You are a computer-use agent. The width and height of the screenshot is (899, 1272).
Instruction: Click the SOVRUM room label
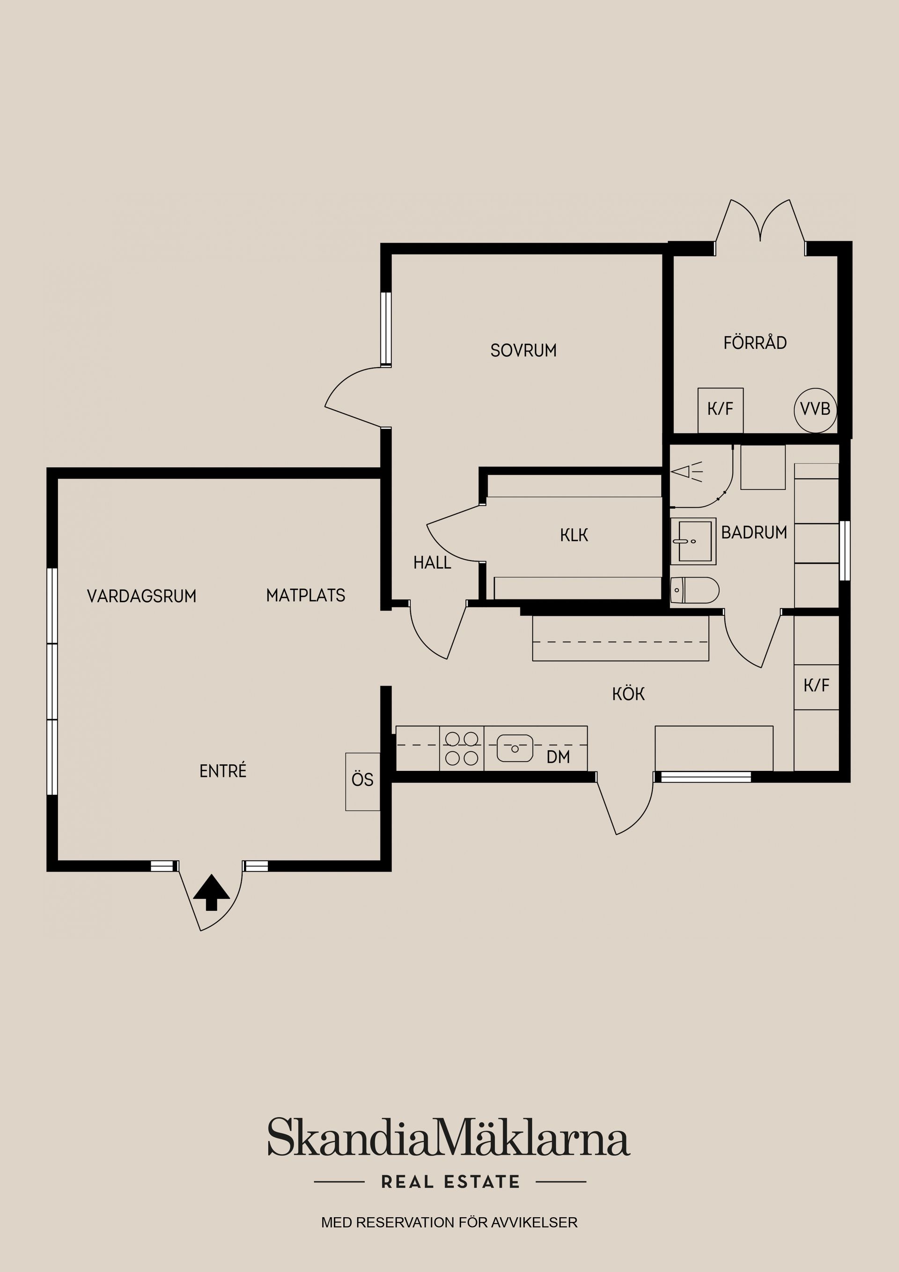(x=523, y=350)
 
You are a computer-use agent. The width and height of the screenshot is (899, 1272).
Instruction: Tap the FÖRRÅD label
(x=755, y=342)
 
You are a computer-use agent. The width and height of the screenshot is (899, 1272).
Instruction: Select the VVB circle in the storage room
(x=815, y=409)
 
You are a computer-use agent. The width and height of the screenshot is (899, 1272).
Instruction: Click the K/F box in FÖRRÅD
(x=720, y=410)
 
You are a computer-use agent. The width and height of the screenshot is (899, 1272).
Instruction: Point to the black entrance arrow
(x=211, y=892)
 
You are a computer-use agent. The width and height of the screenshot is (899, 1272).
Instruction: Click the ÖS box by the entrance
(x=363, y=782)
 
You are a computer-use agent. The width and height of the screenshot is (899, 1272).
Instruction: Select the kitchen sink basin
(x=515, y=748)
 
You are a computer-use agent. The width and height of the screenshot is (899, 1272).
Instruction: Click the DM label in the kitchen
(x=558, y=757)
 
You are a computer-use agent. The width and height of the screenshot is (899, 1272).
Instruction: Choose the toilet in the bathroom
(x=694, y=590)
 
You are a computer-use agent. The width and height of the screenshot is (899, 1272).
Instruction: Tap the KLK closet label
(x=574, y=535)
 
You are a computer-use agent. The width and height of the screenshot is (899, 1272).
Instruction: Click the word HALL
(x=432, y=563)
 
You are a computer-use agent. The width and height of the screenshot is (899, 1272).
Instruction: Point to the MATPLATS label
(x=306, y=596)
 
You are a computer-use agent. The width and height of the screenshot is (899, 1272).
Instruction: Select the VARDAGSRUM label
(x=142, y=596)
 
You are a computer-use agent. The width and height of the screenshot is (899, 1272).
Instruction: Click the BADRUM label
(x=754, y=532)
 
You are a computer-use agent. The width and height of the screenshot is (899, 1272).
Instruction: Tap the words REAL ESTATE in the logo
(x=450, y=1182)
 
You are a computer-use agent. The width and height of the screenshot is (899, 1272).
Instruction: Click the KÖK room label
(x=629, y=694)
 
